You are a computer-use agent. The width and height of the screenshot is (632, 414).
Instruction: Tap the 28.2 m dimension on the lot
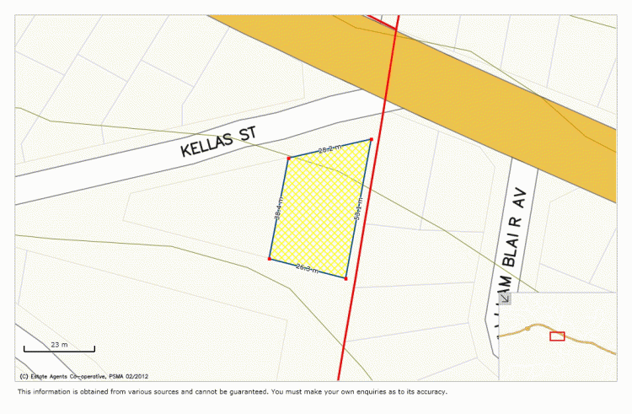329,148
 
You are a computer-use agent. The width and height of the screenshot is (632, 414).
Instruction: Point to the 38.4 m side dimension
277,208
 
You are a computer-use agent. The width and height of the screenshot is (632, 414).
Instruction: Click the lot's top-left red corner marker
288,159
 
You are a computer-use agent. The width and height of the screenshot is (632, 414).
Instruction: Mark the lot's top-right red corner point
371,139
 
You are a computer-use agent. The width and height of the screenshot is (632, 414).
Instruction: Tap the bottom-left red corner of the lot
270,259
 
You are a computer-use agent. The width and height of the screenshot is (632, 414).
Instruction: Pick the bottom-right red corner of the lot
346,277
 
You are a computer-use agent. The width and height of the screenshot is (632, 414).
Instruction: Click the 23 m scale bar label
59,344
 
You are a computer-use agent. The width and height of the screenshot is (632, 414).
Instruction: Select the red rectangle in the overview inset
557,336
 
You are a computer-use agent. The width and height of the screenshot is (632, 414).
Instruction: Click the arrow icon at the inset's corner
506,298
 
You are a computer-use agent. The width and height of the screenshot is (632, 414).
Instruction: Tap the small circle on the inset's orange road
528,328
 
